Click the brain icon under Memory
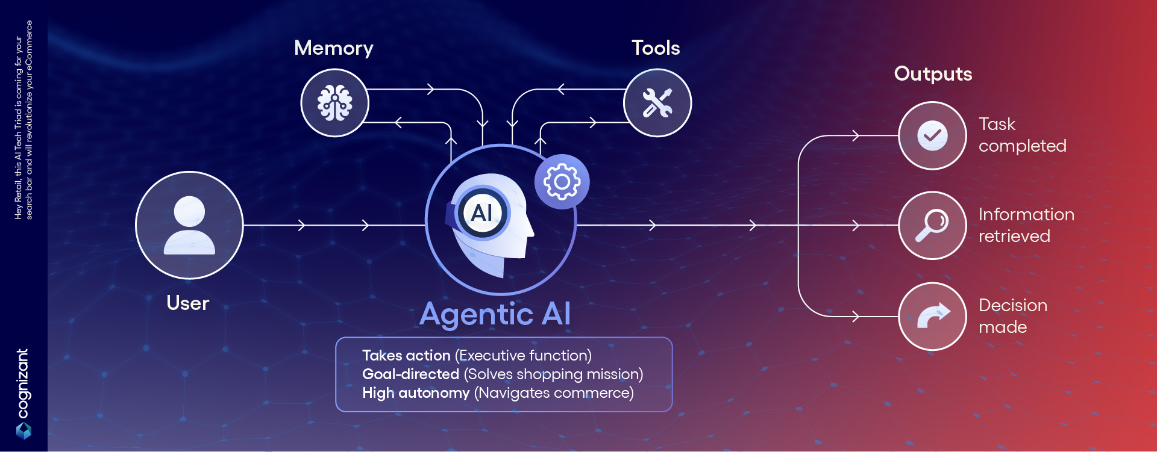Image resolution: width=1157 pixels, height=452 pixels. (335, 103)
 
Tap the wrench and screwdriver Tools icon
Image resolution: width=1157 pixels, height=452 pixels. (657, 103)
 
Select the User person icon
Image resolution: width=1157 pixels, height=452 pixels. (189, 225)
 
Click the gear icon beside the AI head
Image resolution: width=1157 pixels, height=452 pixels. (562, 182)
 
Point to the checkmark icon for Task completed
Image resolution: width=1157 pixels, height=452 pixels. (932, 135)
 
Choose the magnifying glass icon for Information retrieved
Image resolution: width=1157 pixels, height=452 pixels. (932, 225)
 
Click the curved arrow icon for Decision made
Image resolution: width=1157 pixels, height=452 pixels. (933, 316)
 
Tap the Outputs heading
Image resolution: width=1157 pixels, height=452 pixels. (933, 73)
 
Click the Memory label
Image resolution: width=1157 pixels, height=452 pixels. (334, 48)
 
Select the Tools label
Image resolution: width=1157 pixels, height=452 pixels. (656, 48)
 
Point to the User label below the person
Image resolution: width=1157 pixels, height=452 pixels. (188, 303)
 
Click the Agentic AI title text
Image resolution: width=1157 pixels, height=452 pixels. (495, 314)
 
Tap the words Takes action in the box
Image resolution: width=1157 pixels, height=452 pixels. (406, 356)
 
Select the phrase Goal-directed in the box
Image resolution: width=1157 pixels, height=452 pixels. (410, 374)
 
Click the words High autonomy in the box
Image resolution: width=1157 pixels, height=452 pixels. (416, 393)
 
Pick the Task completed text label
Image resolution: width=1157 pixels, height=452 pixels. (1023, 135)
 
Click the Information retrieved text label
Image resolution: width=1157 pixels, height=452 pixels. (1026, 225)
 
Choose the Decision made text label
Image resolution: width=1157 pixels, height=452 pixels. (1013, 316)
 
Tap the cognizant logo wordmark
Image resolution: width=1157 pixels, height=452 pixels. (23, 383)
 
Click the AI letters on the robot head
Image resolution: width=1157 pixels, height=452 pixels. (481, 213)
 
